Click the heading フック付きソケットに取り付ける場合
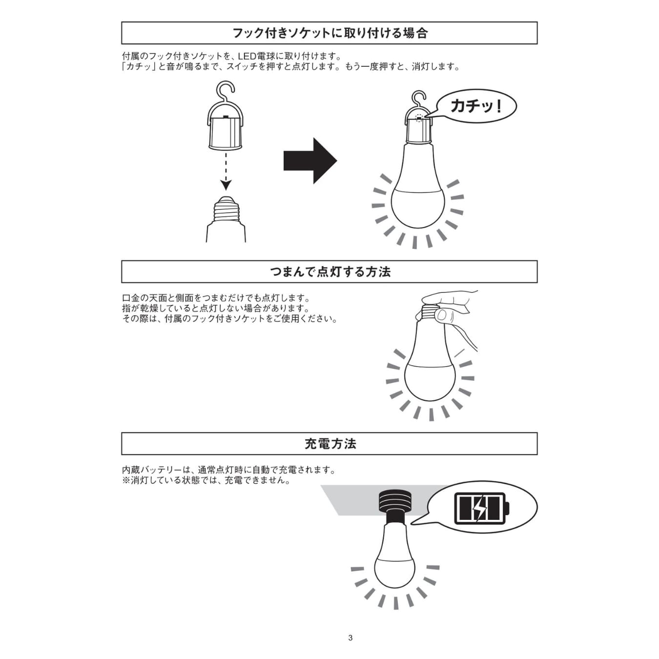coord(329,33)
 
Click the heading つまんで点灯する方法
coord(329,272)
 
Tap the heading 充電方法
coord(329,444)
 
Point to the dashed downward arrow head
coord(225,185)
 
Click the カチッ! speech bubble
coord(476,106)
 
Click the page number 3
coord(350,638)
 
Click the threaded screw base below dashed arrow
coord(225,210)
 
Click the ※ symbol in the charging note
coord(126,480)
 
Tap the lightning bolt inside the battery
coord(480,509)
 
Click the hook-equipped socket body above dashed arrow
coord(225,129)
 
